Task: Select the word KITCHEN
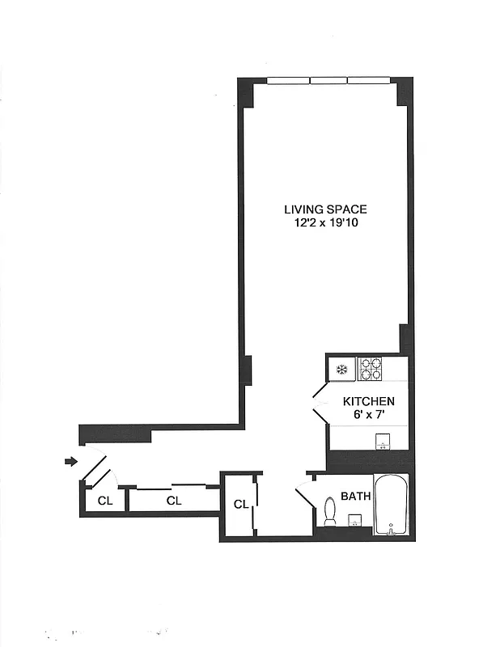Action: point(368,401)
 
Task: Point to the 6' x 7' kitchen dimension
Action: point(368,415)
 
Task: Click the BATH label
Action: point(355,496)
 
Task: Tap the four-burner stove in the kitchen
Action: point(371,369)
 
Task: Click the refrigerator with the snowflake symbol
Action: point(341,369)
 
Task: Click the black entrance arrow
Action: point(70,462)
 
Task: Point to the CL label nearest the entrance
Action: point(104,501)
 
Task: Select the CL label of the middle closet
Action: point(173,501)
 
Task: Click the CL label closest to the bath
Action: point(240,504)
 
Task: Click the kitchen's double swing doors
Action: point(318,402)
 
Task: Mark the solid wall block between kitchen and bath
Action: point(368,459)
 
